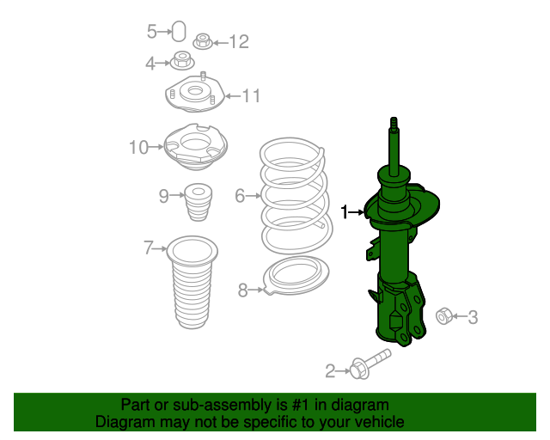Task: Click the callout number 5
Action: point(151,32)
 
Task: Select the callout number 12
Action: point(239,42)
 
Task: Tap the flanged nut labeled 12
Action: point(203,41)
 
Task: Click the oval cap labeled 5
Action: point(179,31)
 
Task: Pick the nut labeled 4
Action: point(182,61)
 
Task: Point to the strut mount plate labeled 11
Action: point(195,93)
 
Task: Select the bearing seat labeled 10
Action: point(196,147)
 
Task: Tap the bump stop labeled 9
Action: point(199,202)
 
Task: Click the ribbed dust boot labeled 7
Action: point(192,282)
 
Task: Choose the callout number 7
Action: point(149,248)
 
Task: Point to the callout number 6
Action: point(240,195)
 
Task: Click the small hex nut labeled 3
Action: point(444,315)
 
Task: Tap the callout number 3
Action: point(473,317)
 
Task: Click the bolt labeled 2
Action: point(370,365)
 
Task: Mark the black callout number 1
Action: point(345,212)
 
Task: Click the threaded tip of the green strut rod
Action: point(394,123)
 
